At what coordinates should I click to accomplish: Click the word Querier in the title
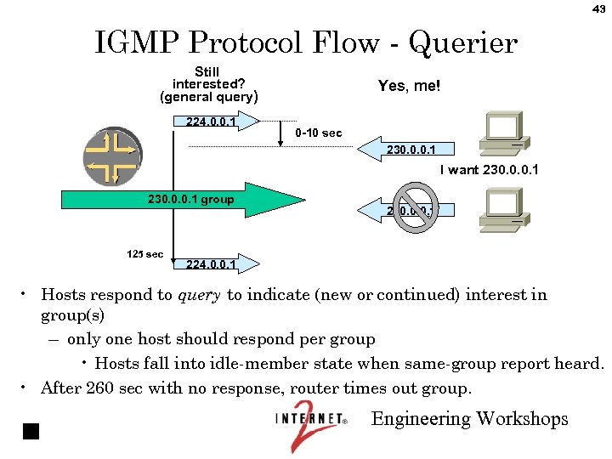pos(462,42)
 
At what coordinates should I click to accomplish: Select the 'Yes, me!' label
pos(409,86)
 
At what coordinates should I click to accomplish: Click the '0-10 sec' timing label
pos(319,133)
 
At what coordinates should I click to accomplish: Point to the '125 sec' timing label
pos(144,254)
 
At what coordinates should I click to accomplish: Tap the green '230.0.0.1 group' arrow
pos(183,201)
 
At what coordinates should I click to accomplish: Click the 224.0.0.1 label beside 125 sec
pos(210,264)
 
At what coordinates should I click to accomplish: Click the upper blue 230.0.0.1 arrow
pos(399,150)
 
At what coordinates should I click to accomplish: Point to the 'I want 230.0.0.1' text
pos(490,170)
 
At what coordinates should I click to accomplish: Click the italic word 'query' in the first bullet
pos(199,296)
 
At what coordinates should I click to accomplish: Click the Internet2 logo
pos(311,423)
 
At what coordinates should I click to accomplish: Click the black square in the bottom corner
pos(31,430)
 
